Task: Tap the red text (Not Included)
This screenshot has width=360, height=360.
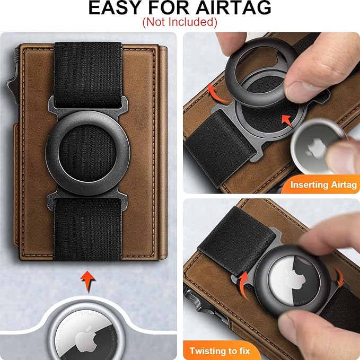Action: [180, 22]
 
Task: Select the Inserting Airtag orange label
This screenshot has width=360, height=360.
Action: [322, 185]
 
